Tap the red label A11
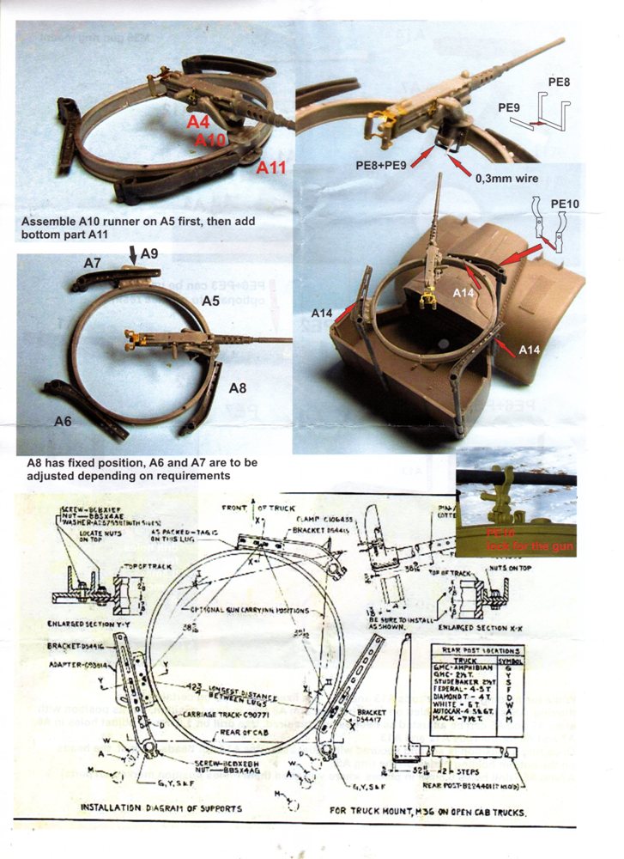(272, 168)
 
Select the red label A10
(212, 140)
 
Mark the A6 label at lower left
(63, 420)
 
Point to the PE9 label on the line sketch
(510, 107)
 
